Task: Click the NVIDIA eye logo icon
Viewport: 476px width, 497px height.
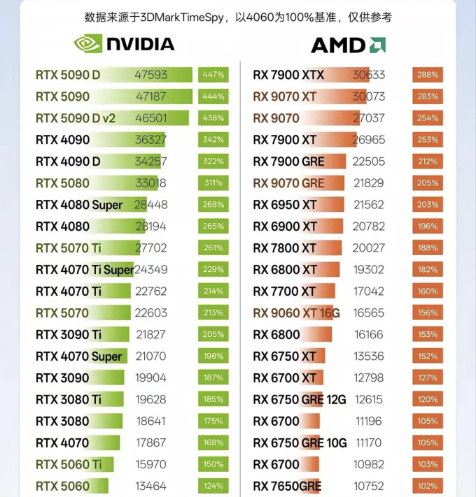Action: click(x=88, y=43)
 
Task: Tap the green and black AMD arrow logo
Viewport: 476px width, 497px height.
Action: click(x=377, y=45)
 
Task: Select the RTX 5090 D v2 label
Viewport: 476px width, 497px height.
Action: click(x=76, y=118)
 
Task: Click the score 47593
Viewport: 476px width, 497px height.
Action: click(x=150, y=75)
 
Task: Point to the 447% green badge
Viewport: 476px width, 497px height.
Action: click(x=213, y=75)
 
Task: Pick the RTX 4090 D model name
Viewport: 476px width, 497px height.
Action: click(x=68, y=161)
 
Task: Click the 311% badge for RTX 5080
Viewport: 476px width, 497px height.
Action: click(x=213, y=183)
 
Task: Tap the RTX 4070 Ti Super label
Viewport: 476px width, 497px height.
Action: click(x=85, y=270)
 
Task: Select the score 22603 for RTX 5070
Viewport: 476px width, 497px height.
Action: click(x=150, y=313)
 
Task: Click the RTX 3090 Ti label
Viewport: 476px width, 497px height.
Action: click(x=69, y=335)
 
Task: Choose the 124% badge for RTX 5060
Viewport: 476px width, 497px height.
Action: click(x=213, y=486)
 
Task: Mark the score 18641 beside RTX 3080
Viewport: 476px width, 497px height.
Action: click(x=150, y=422)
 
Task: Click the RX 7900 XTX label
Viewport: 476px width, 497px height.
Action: click(x=288, y=75)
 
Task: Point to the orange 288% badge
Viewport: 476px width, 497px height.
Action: click(x=428, y=75)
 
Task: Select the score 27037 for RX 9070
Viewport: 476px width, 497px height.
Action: click(x=369, y=118)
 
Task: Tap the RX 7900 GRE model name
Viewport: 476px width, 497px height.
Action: click(x=289, y=161)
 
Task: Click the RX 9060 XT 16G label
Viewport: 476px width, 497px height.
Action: click(x=296, y=313)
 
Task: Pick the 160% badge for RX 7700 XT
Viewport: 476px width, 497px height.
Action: click(x=428, y=291)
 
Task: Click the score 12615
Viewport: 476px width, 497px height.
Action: click(x=369, y=400)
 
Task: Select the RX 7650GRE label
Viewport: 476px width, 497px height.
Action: click(x=287, y=487)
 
